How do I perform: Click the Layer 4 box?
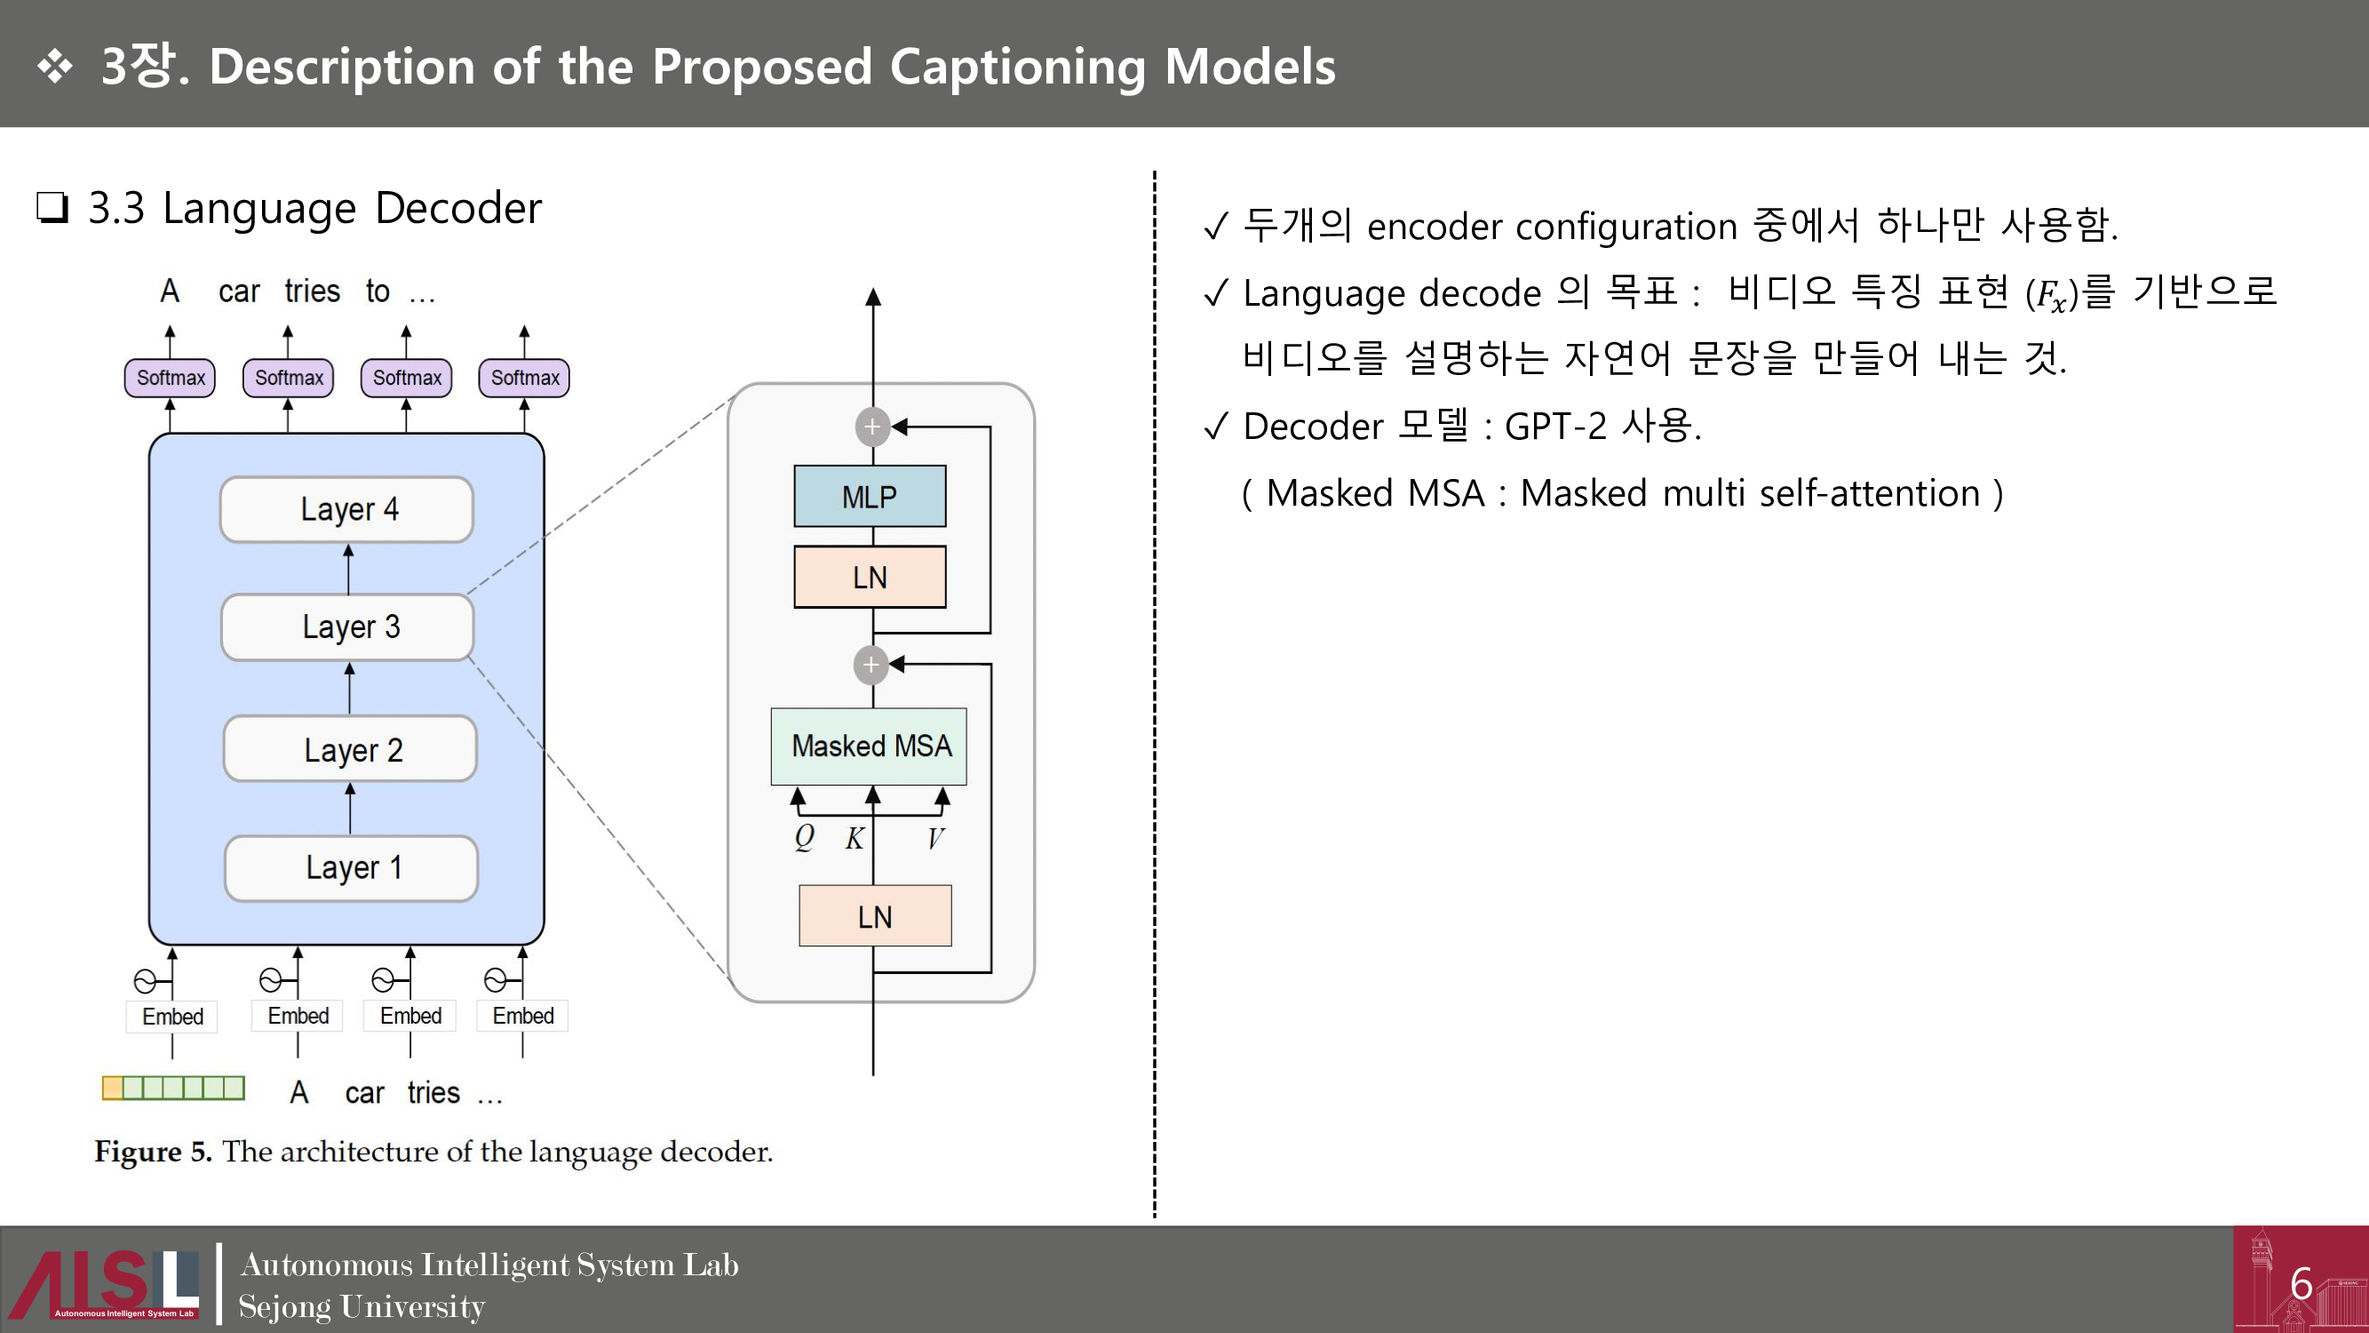346,508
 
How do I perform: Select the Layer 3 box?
347,627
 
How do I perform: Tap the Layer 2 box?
349,749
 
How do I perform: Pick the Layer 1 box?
351,867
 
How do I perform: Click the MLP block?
869,497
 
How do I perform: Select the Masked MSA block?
869,746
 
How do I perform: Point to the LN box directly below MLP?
869,577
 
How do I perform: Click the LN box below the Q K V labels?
875,916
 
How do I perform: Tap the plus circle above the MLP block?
871,427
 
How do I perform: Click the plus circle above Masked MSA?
870,664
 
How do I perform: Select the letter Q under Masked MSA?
804,837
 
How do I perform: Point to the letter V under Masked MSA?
935,838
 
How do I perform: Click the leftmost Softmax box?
171,378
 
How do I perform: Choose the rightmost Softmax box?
524,378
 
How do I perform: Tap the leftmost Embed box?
172,1017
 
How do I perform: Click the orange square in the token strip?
112,1089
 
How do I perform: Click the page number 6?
2301,1283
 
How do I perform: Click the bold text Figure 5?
153,1152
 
